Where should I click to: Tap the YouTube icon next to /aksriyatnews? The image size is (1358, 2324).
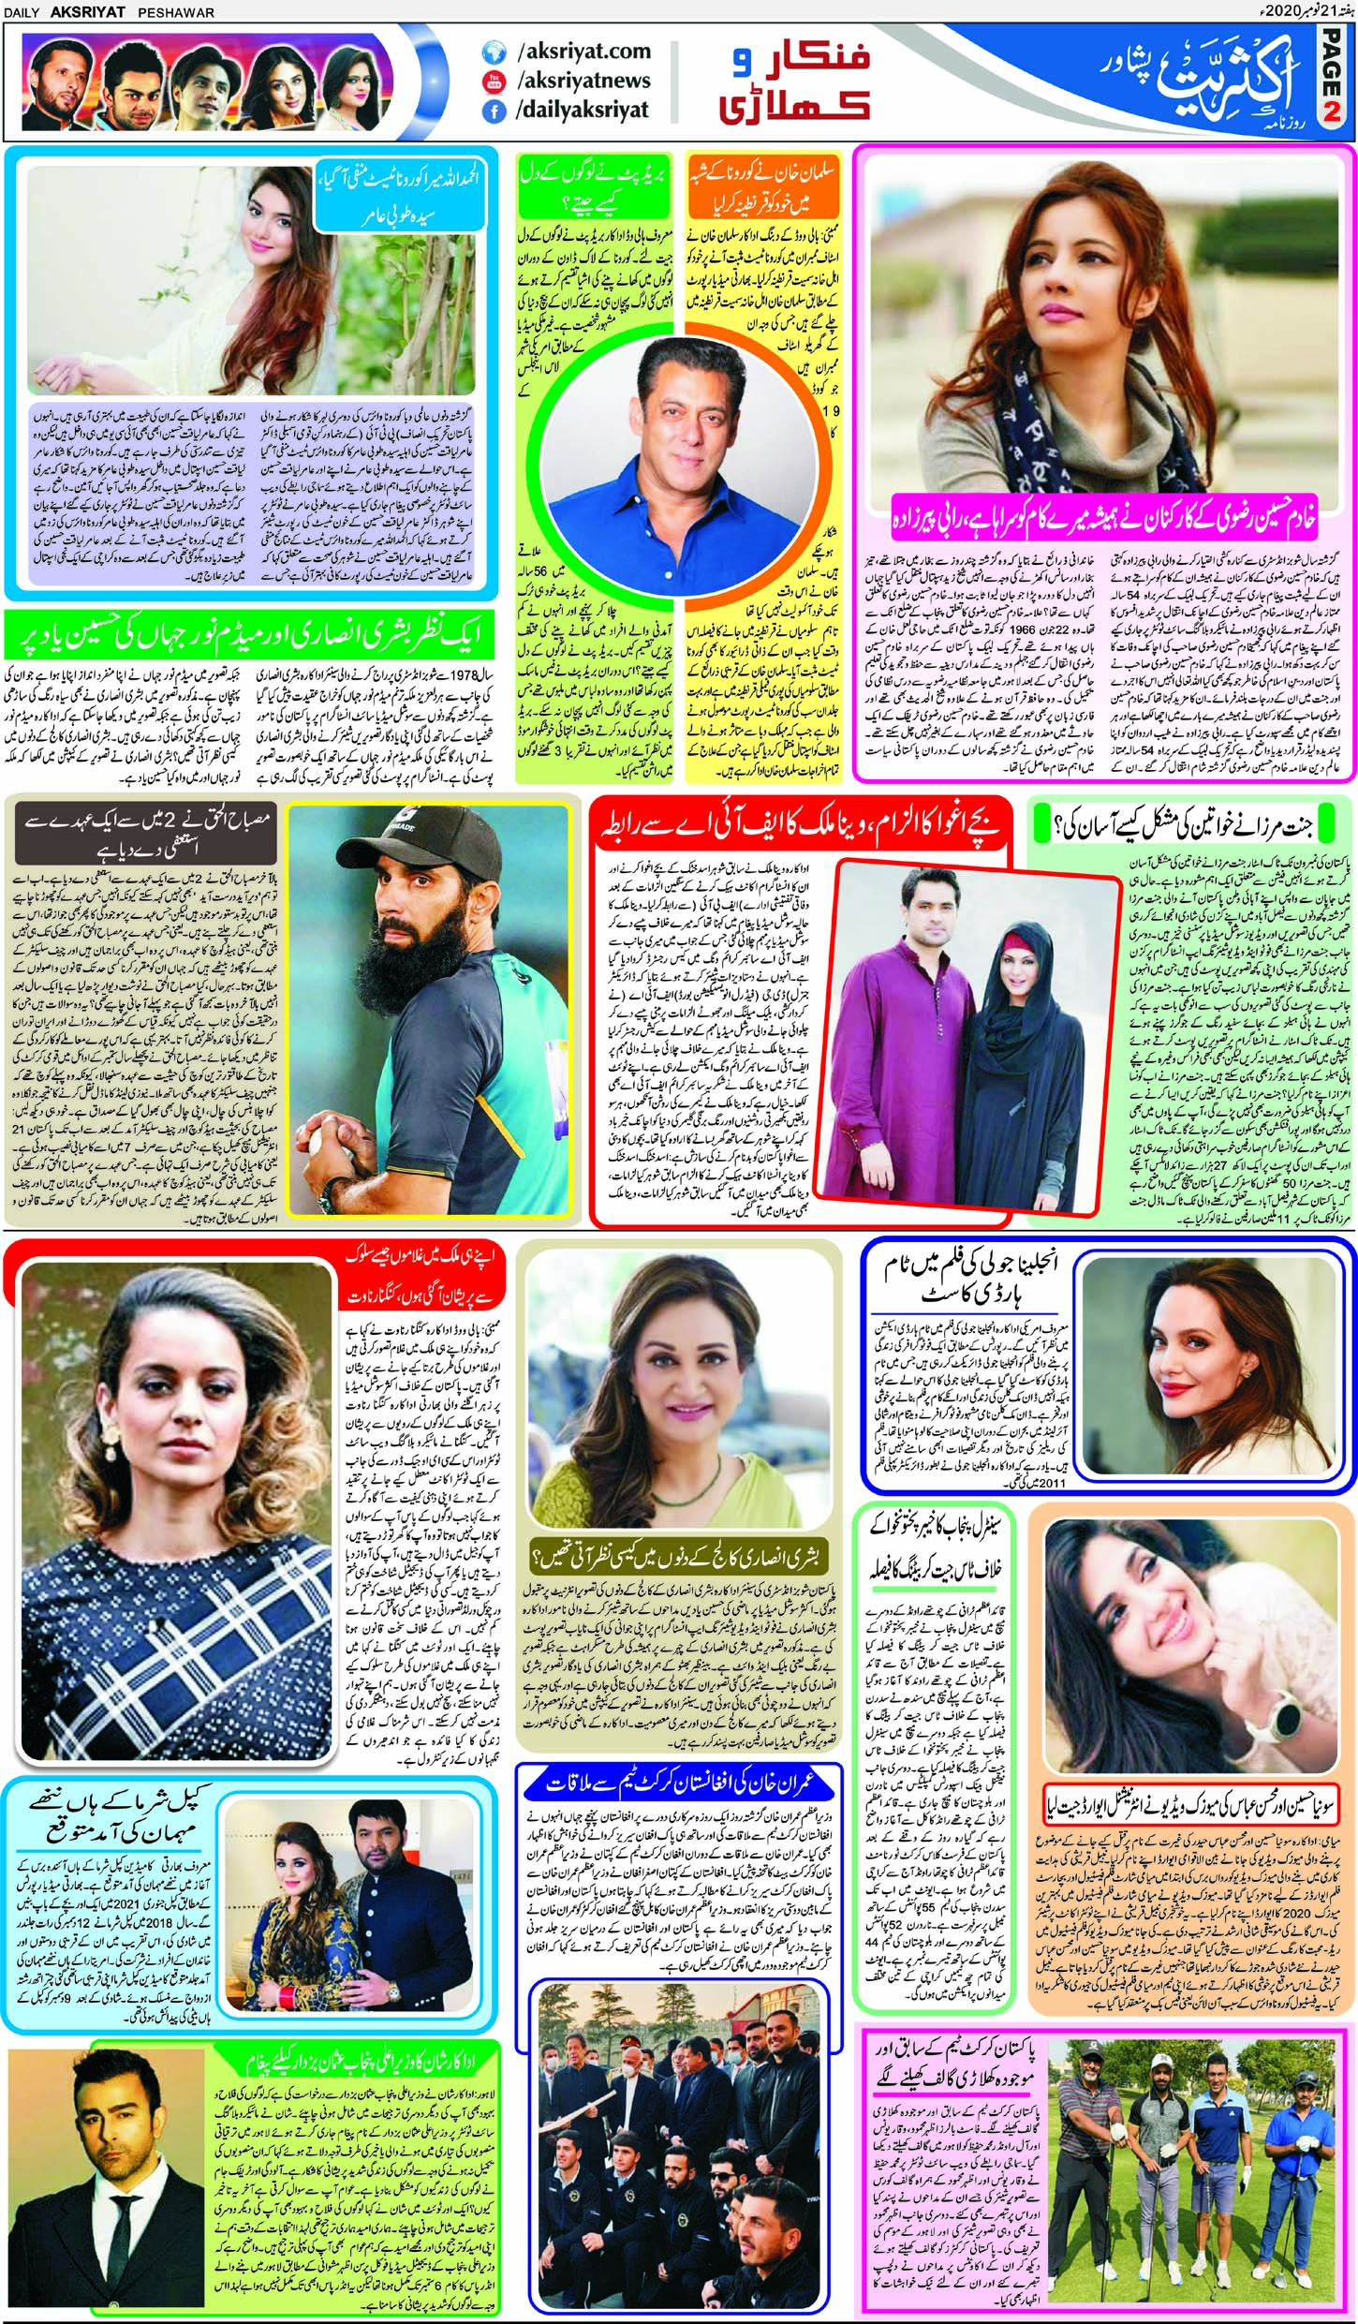click(494, 81)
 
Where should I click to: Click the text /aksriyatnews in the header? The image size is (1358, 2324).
click(583, 81)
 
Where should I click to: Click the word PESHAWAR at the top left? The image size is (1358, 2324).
click(175, 11)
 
